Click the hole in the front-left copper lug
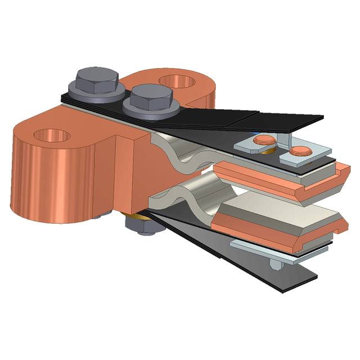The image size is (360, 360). [52, 136]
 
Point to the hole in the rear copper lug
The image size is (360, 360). [178, 82]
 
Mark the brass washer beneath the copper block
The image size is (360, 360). [145, 215]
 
